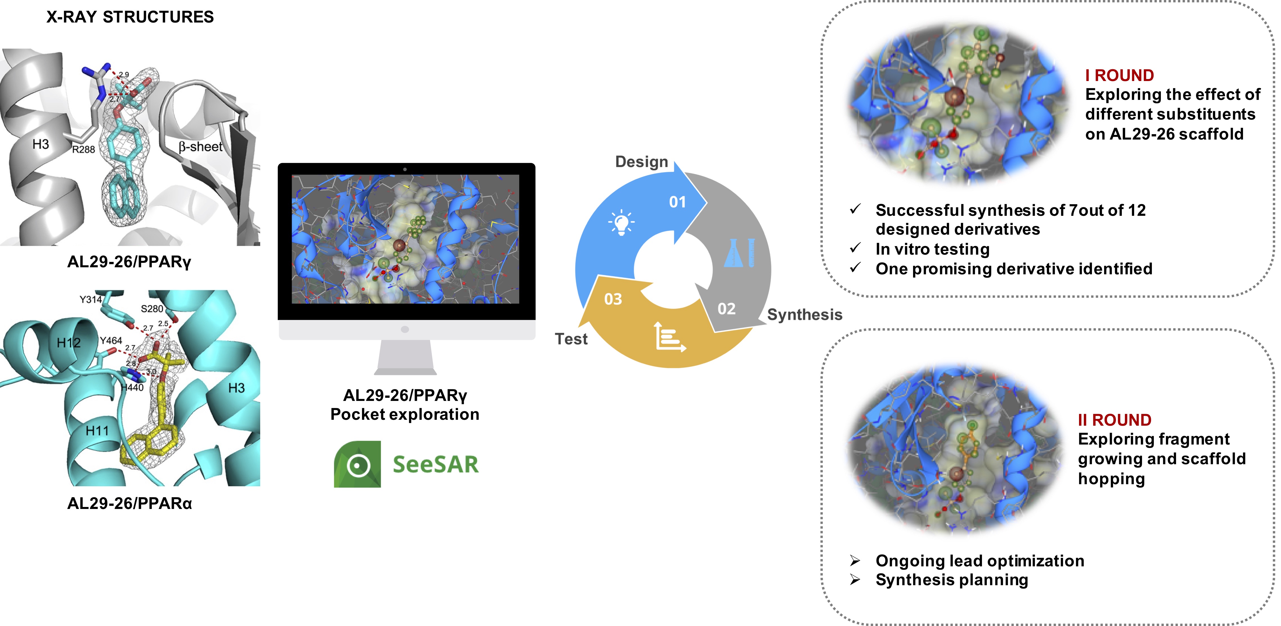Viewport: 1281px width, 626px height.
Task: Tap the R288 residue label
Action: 84,149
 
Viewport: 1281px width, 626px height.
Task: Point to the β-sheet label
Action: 200,147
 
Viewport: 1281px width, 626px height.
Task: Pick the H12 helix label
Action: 69,343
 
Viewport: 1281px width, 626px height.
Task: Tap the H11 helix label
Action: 97,430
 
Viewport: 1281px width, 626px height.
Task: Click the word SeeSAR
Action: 436,465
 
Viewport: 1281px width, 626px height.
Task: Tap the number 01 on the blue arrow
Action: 677,202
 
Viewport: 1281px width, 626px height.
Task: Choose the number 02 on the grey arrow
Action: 727,309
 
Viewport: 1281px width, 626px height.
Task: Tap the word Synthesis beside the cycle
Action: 804,315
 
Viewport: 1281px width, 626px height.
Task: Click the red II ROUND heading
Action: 1114,420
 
